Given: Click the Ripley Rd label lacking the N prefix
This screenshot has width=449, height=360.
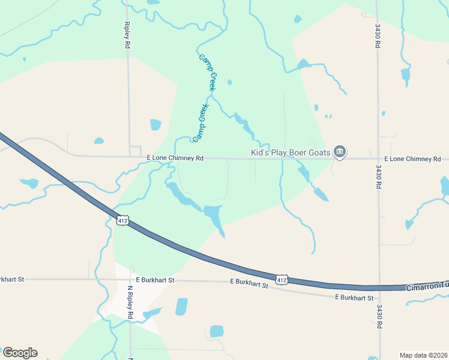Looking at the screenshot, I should tap(127, 35).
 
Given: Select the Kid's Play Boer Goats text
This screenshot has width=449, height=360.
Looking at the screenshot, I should tap(291, 153).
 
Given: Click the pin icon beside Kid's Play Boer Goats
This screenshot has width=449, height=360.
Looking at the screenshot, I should tap(340, 152).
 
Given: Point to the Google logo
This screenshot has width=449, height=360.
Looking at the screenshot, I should tap(20, 353).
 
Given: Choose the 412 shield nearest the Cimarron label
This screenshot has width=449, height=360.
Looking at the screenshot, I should tap(282, 280).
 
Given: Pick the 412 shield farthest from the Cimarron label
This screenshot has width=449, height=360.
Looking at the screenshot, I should tap(122, 221).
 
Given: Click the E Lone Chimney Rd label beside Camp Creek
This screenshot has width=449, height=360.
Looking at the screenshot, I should tap(176, 158).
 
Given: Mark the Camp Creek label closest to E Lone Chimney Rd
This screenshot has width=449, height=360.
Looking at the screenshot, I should tap(200, 123).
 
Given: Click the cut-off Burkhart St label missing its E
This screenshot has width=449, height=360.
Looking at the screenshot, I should tap(11, 279).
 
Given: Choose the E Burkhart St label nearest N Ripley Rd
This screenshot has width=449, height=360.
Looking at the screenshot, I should tap(155, 280).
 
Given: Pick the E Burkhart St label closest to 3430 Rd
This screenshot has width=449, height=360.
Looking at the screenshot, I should tap(354, 298).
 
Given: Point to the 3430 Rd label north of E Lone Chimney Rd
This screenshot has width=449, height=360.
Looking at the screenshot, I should tap(378, 37).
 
